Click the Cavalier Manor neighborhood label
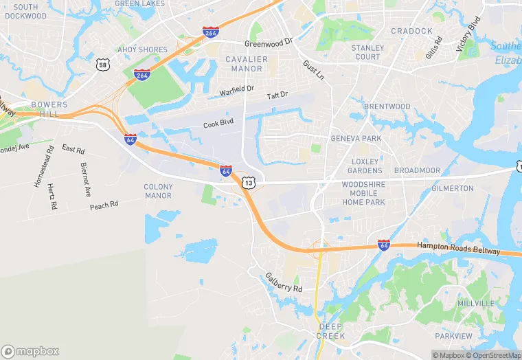(x=247, y=64)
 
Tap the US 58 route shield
(x=103, y=65)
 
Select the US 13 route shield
(x=248, y=183)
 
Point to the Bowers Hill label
(x=49, y=109)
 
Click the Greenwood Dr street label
(x=269, y=43)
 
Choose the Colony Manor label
(x=158, y=191)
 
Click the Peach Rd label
(x=104, y=205)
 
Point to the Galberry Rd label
(x=284, y=282)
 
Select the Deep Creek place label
(x=330, y=330)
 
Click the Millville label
(x=475, y=303)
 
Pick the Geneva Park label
(x=356, y=138)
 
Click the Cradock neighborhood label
(x=411, y=31)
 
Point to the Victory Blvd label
(x=468, y=33)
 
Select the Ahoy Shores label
(x=143, y=49)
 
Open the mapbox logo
(x=30, y=351)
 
